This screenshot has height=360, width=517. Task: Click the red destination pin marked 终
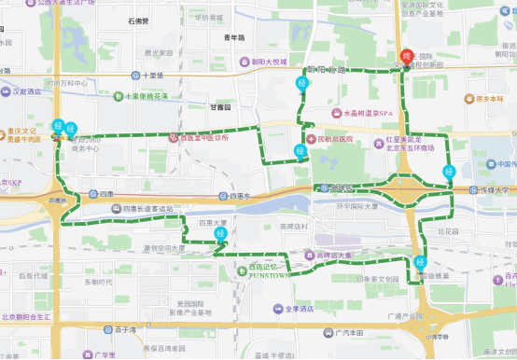pyautogui.click(x=406, y=57)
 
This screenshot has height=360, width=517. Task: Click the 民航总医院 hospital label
pyautogui.click(x=334, y=138)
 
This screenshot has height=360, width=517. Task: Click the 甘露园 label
pyautogui.click(x=221, y=107)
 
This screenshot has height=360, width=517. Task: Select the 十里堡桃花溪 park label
pyautogui.click(x=140, y=95)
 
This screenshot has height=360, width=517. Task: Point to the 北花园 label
pyautogui.click(x=448, y=229)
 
